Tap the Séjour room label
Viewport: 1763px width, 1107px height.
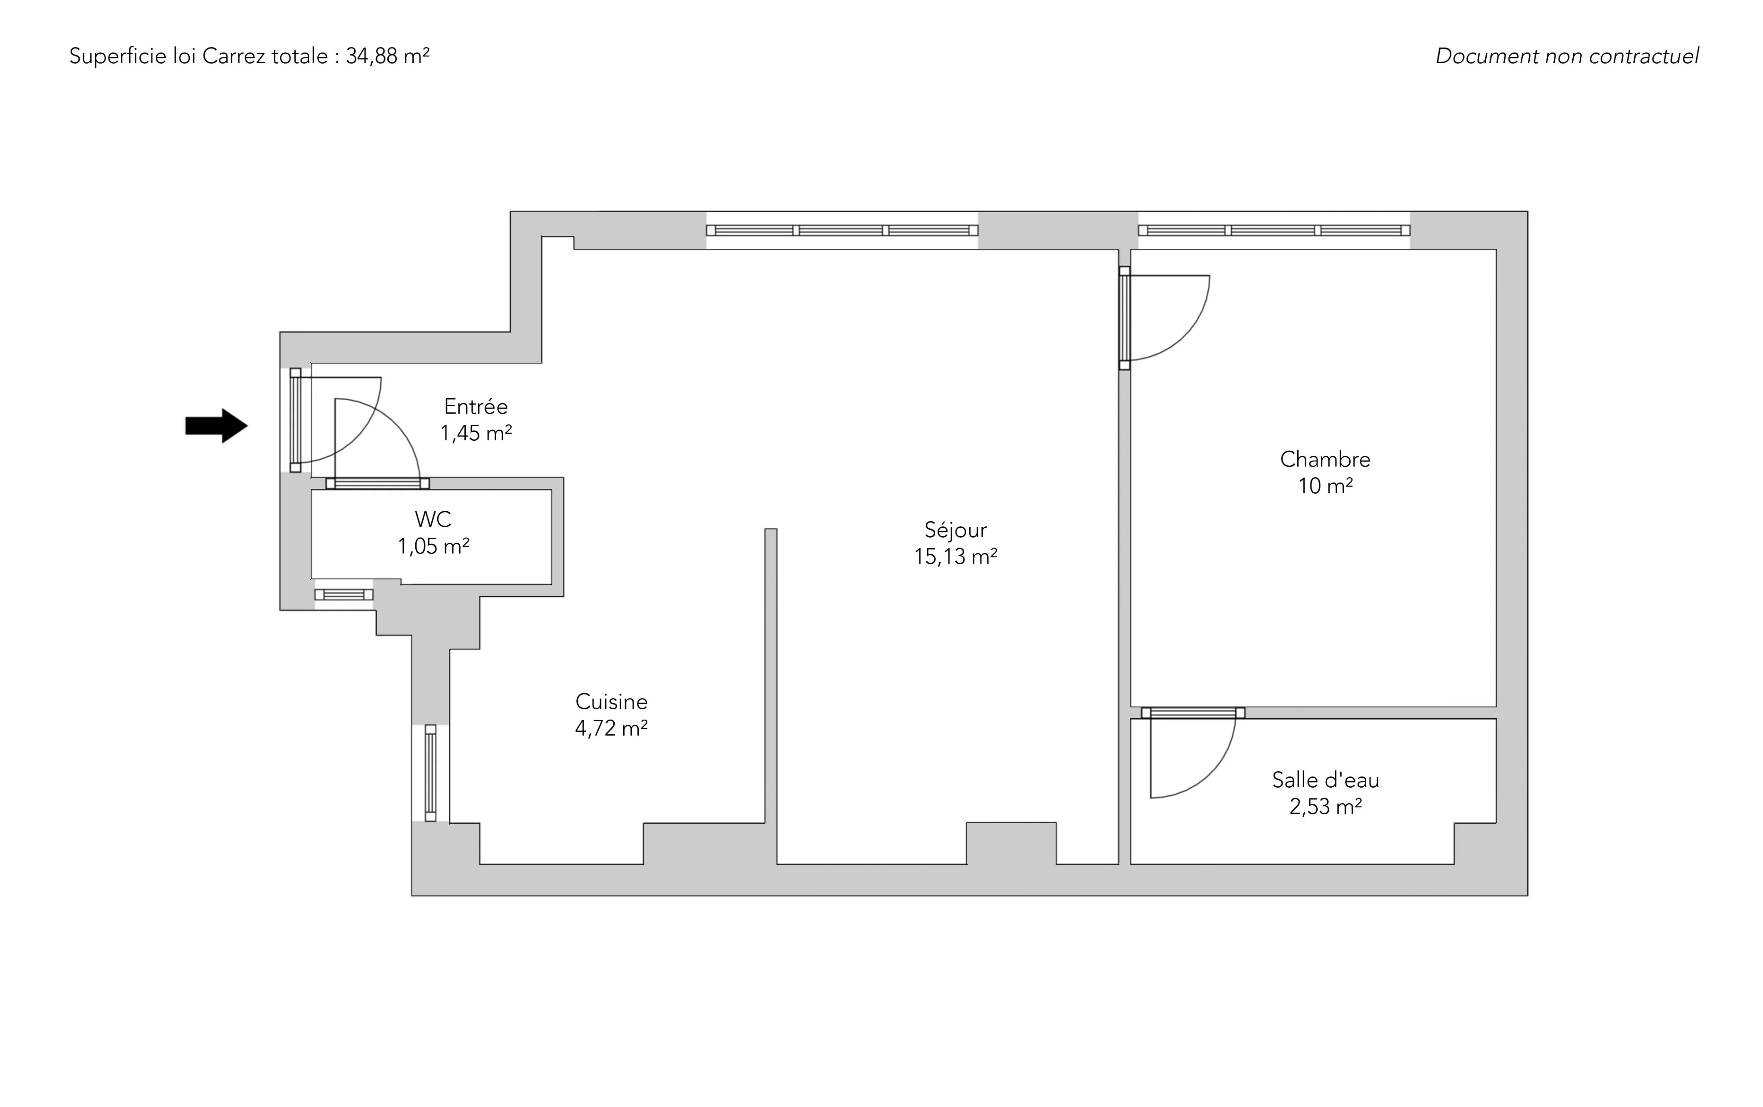(956, 530)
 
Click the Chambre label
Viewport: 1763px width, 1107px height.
(1325, 459)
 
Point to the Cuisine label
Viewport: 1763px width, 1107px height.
(611, 702)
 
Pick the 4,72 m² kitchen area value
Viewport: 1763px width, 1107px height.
(611, 729)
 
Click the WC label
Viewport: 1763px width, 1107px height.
(433, 520)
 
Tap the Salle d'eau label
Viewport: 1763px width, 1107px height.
(1325, 780)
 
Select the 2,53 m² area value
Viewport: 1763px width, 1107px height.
(1325, 807)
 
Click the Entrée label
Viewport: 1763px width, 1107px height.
(476, 406)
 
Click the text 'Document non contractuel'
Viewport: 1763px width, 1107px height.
(1567, 56)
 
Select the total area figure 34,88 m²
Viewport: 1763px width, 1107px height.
(387, 56)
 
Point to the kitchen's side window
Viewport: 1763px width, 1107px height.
(430, 773)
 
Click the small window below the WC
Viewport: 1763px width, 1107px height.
(344, 594)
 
